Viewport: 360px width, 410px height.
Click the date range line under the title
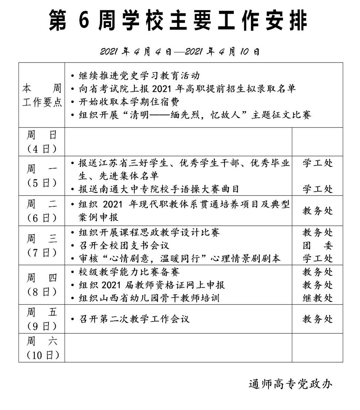click(x=180, y=52)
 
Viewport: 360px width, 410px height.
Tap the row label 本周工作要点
click(x=42, y=95)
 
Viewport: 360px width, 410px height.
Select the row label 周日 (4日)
click(x=42, y=142)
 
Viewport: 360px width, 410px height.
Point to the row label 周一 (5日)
click(x=42, y=176)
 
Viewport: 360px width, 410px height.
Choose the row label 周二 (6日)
click(x=42, y=211)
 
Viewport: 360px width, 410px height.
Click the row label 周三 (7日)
click(x=42, y=245)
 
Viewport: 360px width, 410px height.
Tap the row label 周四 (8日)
click(x=42, y=285)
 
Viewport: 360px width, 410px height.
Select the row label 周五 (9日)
click(x=42, y=319)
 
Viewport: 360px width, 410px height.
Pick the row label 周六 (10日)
click(x=42, y=348)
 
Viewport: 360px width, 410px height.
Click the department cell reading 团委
click(x=317, y=245)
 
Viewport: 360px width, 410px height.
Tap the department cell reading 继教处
click(x=317, y=298)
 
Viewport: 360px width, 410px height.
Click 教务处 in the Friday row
click(x=317, y=319)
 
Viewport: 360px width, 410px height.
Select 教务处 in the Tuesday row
click(x=317, y=211)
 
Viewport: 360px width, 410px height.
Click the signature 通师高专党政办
click(x=291, y=384)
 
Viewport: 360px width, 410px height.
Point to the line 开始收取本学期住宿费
click(x=129, y=102)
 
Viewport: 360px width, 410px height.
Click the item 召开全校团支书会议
click(x=124, y=245)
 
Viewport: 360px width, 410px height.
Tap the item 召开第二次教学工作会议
click(x=134, y=319)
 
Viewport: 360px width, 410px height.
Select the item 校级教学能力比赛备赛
click(x=129, y=272)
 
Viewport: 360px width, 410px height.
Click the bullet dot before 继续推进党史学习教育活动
click(x=72, y=76)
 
